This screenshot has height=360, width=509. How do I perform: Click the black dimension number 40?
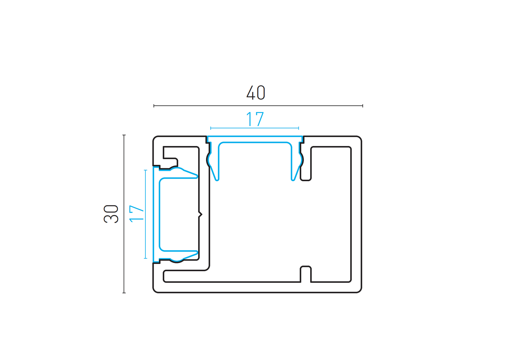tap(256, 93)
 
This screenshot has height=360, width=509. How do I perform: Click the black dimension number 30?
tap(111, 214)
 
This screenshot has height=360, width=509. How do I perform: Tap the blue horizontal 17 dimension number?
tap(255, 119)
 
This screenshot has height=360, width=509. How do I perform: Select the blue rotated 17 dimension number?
tap(136, 214)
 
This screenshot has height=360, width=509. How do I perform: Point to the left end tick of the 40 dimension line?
tap(154, 106)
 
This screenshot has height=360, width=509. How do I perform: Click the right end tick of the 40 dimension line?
tap(363, 106)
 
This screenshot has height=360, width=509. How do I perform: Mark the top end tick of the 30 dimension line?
tap(124, 135)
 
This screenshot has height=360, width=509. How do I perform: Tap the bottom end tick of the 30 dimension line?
tap(124, 293)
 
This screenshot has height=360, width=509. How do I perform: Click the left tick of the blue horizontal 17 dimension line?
tap(211, 128)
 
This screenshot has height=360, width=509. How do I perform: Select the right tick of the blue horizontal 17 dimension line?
tap(299, 128)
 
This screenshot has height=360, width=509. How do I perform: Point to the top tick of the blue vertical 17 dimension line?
tap(146, 170)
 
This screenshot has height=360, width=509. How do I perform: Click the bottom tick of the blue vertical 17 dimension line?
tap(146, 258)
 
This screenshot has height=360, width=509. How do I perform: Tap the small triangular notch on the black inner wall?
tap(201, 215)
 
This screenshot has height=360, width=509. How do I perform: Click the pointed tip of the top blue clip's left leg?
tap(217, 180)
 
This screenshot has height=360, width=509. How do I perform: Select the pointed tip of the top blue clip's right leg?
tap(293, 180)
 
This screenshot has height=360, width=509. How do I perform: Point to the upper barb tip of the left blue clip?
tap(197, 176)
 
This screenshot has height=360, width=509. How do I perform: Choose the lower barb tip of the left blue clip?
tap(197, 252)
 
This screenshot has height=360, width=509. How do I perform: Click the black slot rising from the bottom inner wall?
tap(306, 274)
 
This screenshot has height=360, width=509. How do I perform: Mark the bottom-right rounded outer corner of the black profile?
tap(359, 290)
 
